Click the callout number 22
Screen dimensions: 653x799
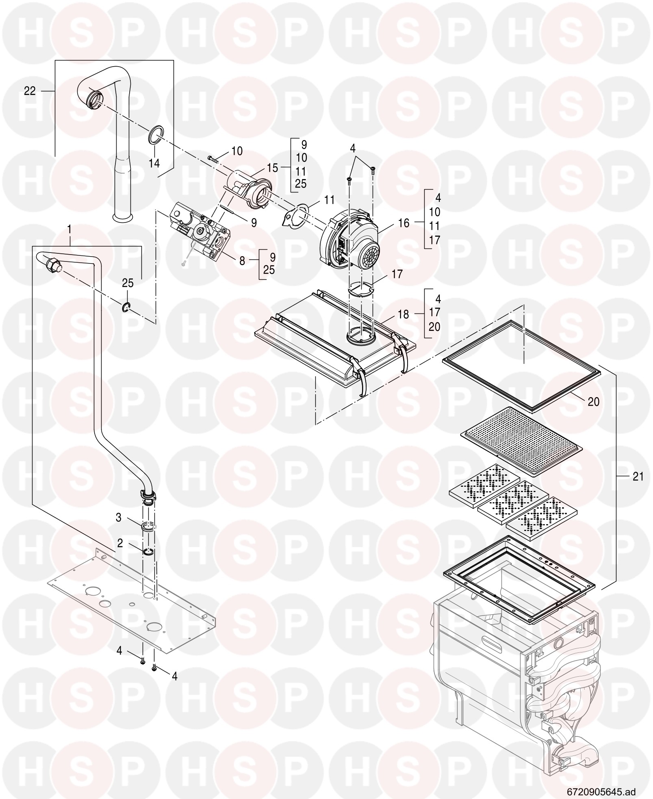pos(30,91)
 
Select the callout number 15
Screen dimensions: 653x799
pos(272,167)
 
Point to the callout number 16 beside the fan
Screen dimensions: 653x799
pos(404,222)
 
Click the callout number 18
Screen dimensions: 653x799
pos(403,314)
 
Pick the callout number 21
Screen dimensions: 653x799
pos(638,476)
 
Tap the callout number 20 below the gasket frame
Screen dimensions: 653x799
pos(594,402)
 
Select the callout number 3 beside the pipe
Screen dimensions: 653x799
pos(119,518)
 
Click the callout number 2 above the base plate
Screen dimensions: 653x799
pos(120,542)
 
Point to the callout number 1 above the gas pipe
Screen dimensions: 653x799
pos(69,230)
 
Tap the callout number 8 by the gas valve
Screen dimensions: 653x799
pos(242,261)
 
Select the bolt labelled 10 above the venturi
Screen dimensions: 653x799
pos(214,158)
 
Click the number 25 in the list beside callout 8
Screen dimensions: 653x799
pos(269,270)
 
